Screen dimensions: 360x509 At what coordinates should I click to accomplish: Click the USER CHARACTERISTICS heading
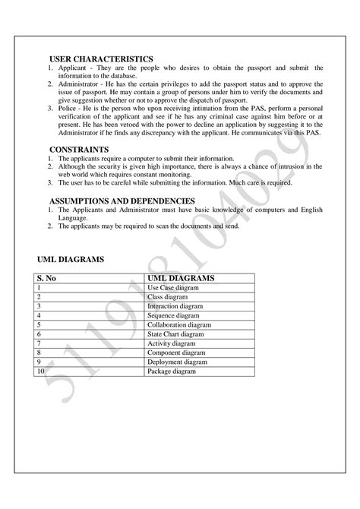point(101,58)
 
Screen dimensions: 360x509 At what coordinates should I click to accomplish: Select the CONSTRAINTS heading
point(79,149)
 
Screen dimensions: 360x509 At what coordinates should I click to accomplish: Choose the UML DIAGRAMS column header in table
point(182,279)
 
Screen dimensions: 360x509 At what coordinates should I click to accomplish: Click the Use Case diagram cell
point(174,288)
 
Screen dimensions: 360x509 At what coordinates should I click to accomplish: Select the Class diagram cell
point(169,297)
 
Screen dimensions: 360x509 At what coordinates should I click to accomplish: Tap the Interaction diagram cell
point(175,306)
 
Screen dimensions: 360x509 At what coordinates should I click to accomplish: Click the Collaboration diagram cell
point(178,324)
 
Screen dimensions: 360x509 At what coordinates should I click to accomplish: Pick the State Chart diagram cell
point(175,334)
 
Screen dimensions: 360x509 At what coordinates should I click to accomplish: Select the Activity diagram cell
point(172,343)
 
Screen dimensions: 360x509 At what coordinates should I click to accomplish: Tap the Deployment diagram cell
point(177,362)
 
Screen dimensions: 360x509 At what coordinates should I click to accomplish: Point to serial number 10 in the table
point(39,371)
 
